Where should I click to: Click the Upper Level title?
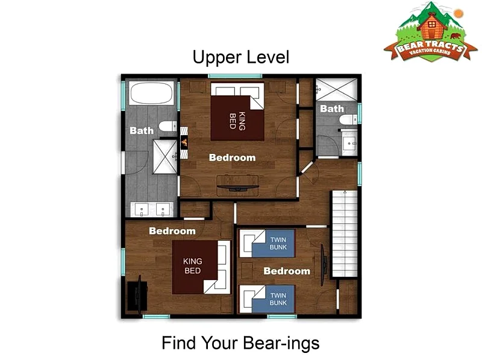(x=240, y=57)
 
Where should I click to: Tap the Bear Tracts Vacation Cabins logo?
(x=430, y=32)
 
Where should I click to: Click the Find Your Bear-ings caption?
(x=240, y=343)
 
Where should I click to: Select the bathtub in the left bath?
(x=151, y=93)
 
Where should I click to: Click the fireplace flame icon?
(x=184, y=142)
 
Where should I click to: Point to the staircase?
(x=344, y=234)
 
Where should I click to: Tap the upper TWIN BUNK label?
(x=278, y=243)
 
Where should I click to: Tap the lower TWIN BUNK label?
(x=278, y=299)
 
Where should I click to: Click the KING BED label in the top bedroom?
(x=237, y=121)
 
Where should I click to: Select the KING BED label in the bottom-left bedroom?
(x=192, y=265)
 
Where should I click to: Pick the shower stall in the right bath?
(x=337, y=89)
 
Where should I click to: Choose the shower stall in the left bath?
(x=165, y=157)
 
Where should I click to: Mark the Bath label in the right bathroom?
(x=332, y=109)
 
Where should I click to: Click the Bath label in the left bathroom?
(x=142, y=130)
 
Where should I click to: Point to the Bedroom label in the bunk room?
(x=287, y=271)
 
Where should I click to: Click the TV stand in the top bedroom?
(x=237, y=185)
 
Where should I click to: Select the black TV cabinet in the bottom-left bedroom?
(x=137, y=295)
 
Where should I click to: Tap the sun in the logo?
(x=459, y=13)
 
